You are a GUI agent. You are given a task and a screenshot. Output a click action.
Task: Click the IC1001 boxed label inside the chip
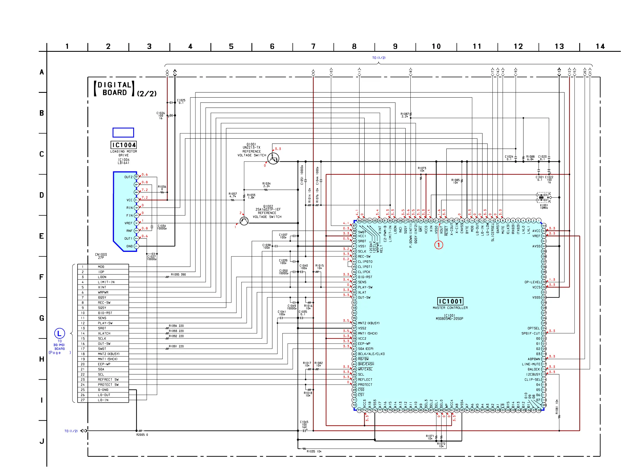click(x=450, y=301)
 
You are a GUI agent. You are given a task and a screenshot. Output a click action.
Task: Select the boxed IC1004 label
click(x=124, y=145)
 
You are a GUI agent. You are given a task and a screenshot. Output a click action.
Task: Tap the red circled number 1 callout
click(x=439, y=245)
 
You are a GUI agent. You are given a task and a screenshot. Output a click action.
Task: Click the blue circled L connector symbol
click(x=59, y=333)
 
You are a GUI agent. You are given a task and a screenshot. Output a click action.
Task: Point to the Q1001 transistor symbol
click(x=273, y=158)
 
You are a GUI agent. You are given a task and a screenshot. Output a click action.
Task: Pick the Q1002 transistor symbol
click(x=244, y=221)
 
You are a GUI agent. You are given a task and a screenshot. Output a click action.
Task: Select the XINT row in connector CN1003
click(x=103, y=287)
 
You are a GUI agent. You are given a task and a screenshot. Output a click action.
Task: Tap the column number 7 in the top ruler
click(x=313, y=46)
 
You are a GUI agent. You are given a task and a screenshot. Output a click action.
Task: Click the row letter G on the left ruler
click(x=42, y=318)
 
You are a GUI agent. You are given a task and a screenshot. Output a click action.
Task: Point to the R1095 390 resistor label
click(x=178, y=275)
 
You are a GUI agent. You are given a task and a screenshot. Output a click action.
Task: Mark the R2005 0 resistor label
click(x=142, y=435)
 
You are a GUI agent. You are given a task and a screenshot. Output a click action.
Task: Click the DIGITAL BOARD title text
click(x=115, y=89)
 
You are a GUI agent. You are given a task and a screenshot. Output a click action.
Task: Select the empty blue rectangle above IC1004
click(x=123, y=133)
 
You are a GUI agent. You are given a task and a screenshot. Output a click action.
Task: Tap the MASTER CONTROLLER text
click(x=450, y=308)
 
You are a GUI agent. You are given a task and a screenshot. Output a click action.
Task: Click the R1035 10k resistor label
click(x=314, y=451)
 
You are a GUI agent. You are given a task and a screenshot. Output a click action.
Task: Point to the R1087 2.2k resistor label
click(x=405, y=115)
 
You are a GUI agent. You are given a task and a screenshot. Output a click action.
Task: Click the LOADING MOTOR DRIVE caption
click(x=124, y=153)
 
